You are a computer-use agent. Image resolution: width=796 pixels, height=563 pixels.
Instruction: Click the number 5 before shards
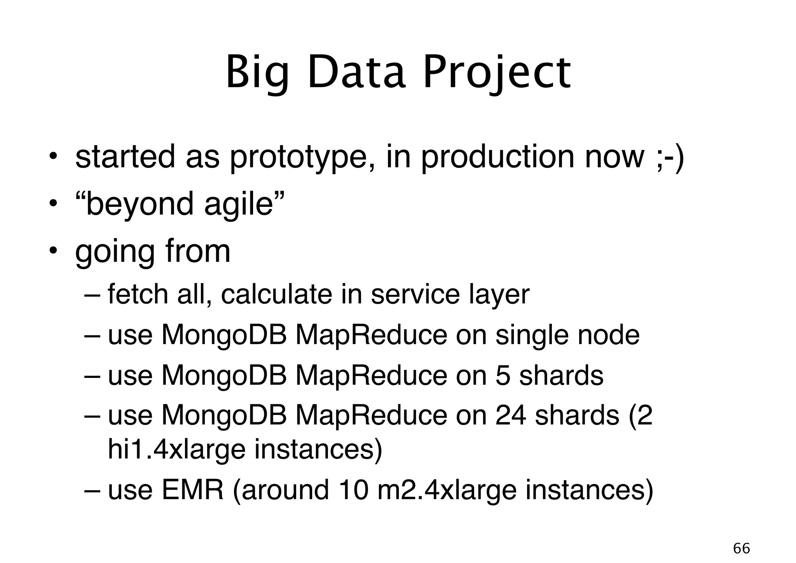pyautogui.click(x=503, y=376)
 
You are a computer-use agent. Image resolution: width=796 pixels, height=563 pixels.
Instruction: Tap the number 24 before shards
pyautogui.click(x=511, y=416)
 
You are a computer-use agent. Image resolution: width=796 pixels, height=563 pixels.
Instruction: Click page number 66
pyautogui.click(x=741, y=549)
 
